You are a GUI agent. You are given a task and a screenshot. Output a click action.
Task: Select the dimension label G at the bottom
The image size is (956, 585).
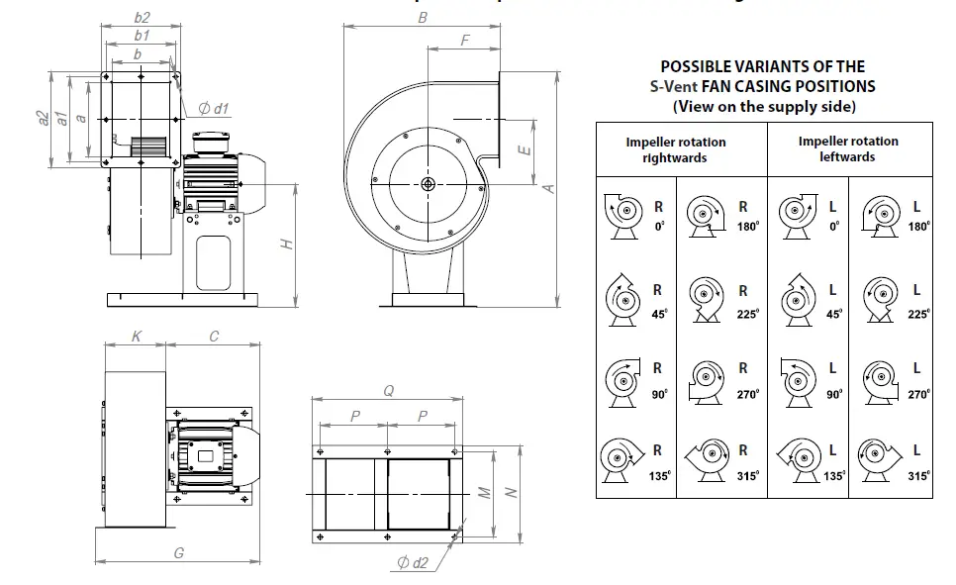pos(178,553)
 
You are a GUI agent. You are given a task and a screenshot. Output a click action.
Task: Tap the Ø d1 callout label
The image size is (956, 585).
pos(214,109)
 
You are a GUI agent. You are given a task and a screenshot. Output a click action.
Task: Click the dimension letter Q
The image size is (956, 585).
pos(388,391)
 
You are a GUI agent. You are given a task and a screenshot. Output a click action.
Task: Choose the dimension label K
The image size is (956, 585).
pos(137,337)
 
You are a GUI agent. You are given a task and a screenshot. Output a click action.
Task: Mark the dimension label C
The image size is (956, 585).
pos(214,337)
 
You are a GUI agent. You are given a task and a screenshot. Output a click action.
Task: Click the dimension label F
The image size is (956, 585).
pos(465,40)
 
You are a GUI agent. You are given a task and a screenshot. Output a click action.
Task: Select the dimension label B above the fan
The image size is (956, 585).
pos(423,18)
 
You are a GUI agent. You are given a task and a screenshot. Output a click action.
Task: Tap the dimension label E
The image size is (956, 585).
pos(526,150)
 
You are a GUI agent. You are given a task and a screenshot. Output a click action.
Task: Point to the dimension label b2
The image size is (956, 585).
pos(142,18)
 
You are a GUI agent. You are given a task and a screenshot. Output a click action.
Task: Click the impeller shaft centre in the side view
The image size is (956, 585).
pos(426,184)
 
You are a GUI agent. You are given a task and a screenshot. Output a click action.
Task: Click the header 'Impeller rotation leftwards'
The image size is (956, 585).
pos(848,148)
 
